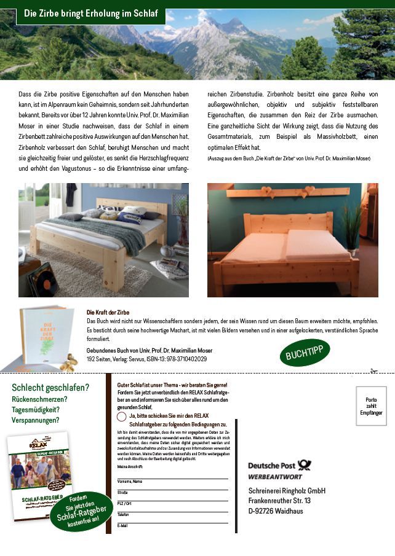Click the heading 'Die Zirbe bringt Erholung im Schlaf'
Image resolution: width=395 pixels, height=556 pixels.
pos(90,13)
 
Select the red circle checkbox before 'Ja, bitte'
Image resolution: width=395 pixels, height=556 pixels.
pos(122,416)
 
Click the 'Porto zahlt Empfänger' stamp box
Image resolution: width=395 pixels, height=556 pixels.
pos(371,406)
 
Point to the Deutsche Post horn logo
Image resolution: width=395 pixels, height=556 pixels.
pos(304,466)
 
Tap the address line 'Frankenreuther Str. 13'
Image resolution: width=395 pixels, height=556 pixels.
pos(279,501)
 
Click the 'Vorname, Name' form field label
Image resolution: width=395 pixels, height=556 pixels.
pos(130,481)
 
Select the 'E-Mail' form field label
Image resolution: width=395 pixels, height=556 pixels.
pos(122,526)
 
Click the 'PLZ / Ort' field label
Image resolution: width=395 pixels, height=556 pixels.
pos(125,503)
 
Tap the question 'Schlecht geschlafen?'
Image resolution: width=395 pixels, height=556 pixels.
pos(50,388)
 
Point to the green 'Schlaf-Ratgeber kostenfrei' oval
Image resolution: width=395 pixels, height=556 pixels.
pos(82,511)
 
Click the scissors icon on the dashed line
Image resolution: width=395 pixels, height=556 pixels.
pos(373,371)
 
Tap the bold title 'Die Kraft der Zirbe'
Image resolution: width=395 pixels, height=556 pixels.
pos(108,312)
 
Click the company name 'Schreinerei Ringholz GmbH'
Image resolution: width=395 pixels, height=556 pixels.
pos(287,491)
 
